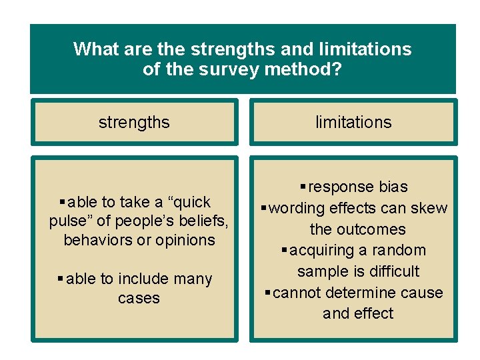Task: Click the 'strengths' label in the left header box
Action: (134, 123)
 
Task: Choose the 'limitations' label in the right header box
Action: (353, 123)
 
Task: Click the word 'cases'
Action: (139, 298)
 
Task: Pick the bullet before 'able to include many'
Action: (61, 279)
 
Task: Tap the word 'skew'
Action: (431, 209)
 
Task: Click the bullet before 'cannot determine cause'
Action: (267, 293)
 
